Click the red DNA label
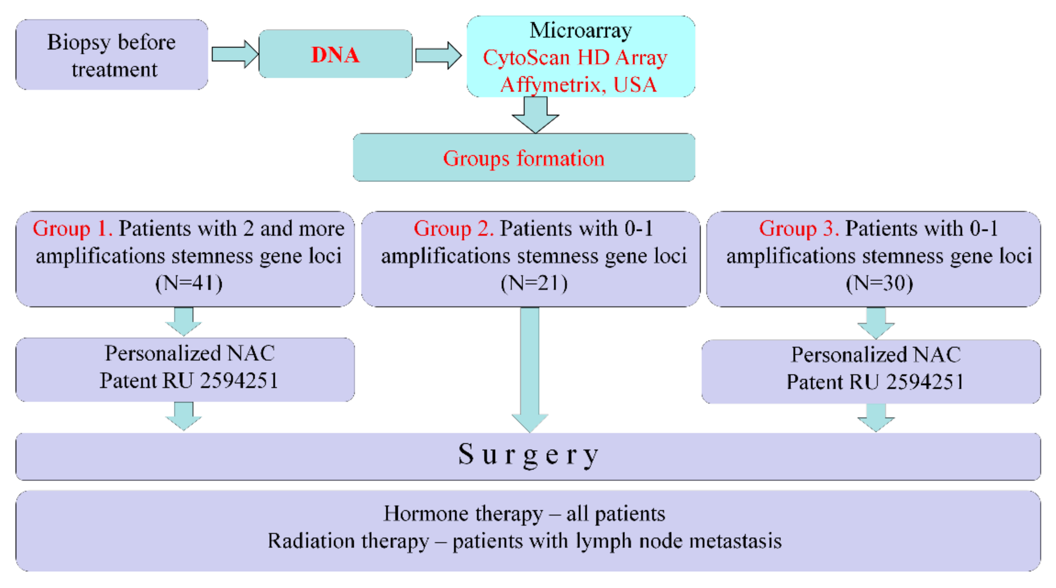pos(335,54)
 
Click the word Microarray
pos(581,30)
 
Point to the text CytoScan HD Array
pos(575,57)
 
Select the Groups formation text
pos(523,158)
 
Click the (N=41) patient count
pos(189,283)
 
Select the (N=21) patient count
pos(534,283)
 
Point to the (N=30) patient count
pos(879,283)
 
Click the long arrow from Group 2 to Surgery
pos(530,369)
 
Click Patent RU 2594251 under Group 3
pos(875,382)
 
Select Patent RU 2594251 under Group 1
pos(189,381)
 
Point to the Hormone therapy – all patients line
pos(524,513)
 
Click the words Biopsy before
pos(112,42)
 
